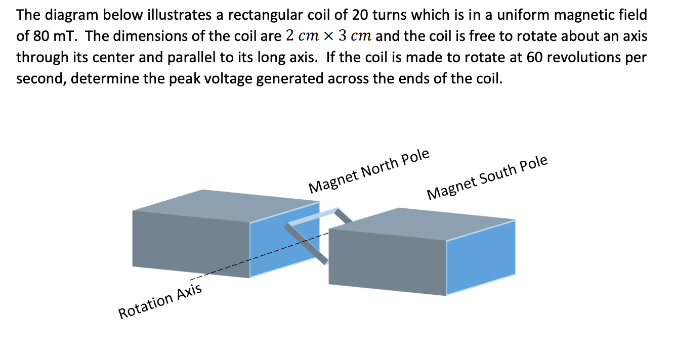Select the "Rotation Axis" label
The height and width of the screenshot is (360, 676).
[160, 301]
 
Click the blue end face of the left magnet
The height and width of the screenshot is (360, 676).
[285, 238]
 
